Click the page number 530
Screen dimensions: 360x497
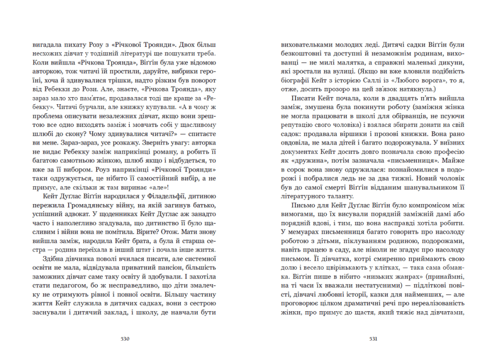tap(125, 339)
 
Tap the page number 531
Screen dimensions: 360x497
tap(373, 339)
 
